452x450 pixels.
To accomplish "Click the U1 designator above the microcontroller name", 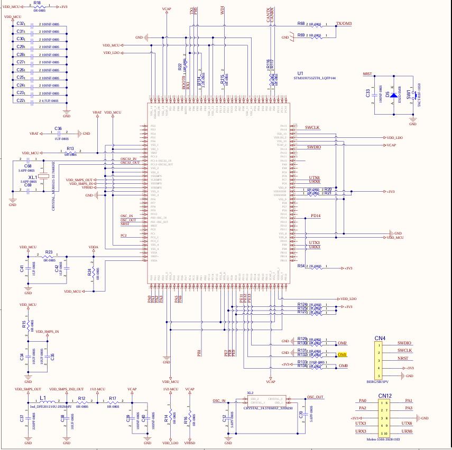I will (x=300, y=73).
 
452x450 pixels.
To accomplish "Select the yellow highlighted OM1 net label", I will (x=342, y=354).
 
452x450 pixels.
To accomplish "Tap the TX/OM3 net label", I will (x=344, y=24).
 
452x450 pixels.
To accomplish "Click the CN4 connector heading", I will (x=380, y=338).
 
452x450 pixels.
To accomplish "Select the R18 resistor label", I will (x=36, y=3).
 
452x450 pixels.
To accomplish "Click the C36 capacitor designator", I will (x=58, y=128).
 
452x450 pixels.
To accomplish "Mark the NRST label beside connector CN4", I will (x=404, y=359).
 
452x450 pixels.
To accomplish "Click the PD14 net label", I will (x=316, y=215).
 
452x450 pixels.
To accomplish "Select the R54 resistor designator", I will (x=301, y=266).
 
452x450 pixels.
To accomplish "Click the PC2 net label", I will (x=124, y=236).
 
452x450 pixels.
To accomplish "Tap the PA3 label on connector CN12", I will (x=409, y=408).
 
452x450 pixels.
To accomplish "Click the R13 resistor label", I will (x=70, y=149).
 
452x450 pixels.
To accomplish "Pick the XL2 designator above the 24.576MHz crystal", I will (x=251, y=393).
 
